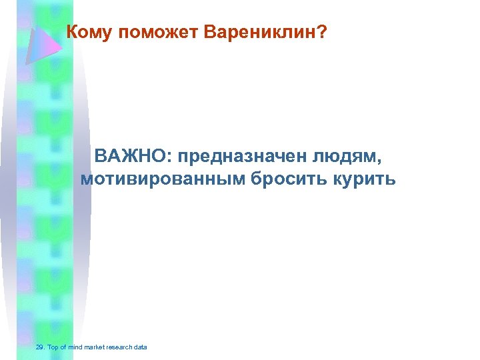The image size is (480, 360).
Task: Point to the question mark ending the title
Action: point(322,32)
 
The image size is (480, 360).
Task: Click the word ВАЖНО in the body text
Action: point(131,157)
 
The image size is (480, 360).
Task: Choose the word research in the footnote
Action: point(118,347)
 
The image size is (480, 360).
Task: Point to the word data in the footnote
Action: point(140,347)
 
